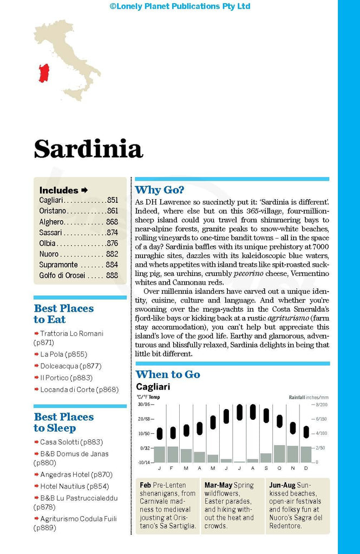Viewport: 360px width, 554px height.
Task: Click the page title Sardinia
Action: point(88,149)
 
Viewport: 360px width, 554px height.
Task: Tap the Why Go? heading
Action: point(159,190)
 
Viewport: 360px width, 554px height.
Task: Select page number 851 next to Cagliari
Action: point(113,200)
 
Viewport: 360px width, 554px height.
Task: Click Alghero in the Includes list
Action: point(51,222)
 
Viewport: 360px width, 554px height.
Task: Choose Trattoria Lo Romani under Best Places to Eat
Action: point(71,333)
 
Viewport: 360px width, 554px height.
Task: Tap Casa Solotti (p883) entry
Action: point(71,442)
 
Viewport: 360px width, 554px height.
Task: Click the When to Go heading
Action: point(168,374)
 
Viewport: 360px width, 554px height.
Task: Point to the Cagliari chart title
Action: point(154,387)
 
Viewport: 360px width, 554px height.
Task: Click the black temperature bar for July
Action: point(239,412)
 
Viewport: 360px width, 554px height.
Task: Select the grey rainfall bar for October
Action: point(279,453)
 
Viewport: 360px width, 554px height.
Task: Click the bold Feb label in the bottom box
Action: point(145,485)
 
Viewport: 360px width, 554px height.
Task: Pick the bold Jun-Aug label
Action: point(282,485)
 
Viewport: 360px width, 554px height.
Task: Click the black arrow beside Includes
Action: point(84,190)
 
